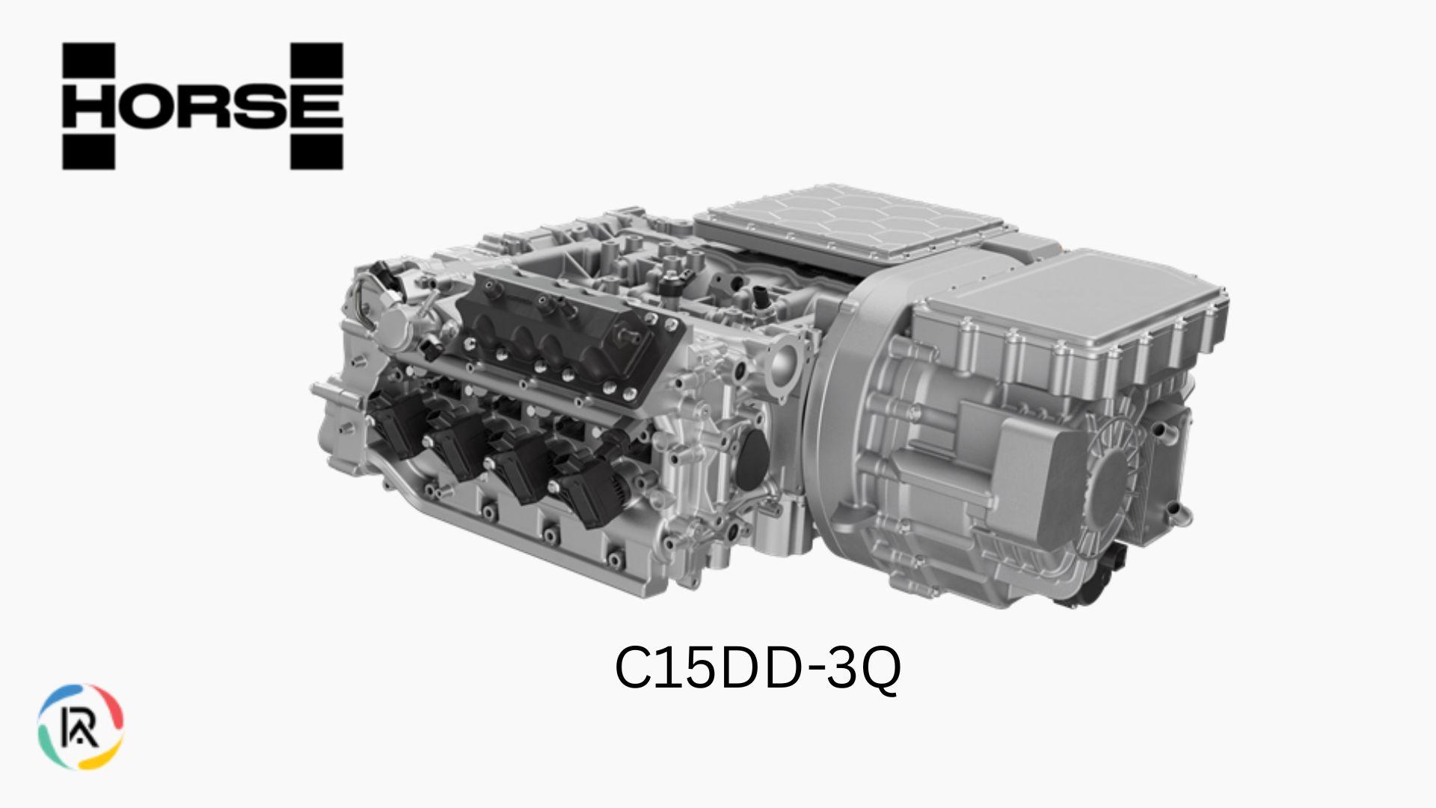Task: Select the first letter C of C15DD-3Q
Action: pos(633,667)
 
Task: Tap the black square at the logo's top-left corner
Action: pos(88,60)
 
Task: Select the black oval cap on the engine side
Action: pos(752,456)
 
